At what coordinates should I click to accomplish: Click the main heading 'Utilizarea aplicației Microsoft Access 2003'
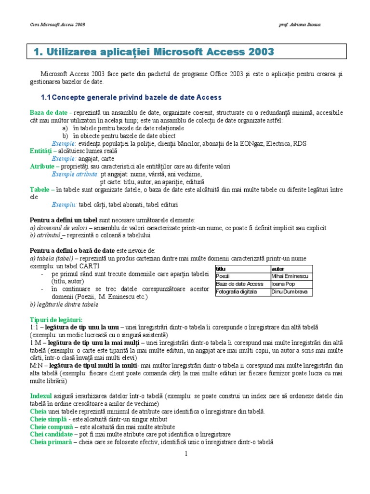coord(153,52)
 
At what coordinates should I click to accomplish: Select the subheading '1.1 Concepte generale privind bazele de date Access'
coord(131,97)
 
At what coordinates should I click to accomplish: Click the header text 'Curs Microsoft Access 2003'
coord(57,25)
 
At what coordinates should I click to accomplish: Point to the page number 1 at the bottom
coord(185,453)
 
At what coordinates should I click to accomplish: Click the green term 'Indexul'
coord(40,396)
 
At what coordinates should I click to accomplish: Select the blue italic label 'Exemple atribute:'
coord(75,174)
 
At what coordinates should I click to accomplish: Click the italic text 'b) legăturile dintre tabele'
coord(64,305)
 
